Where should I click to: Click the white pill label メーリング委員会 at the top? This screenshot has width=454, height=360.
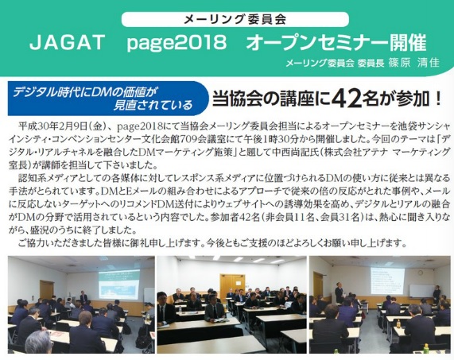point(235,19)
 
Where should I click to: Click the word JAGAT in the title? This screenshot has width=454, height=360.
point(67,43)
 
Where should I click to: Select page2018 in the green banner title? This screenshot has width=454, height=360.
point(177,43)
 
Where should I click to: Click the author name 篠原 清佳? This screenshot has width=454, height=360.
point(413,63)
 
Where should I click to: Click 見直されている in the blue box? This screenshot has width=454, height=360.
point(153,105)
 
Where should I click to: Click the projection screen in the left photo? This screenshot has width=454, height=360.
point(119,285)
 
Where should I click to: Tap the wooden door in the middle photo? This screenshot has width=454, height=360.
point(232,285)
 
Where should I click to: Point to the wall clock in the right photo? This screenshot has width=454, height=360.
point(420,273)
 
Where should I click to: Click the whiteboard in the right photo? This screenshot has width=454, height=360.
point(422,291)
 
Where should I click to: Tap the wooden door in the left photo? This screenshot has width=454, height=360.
point(47,291)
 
